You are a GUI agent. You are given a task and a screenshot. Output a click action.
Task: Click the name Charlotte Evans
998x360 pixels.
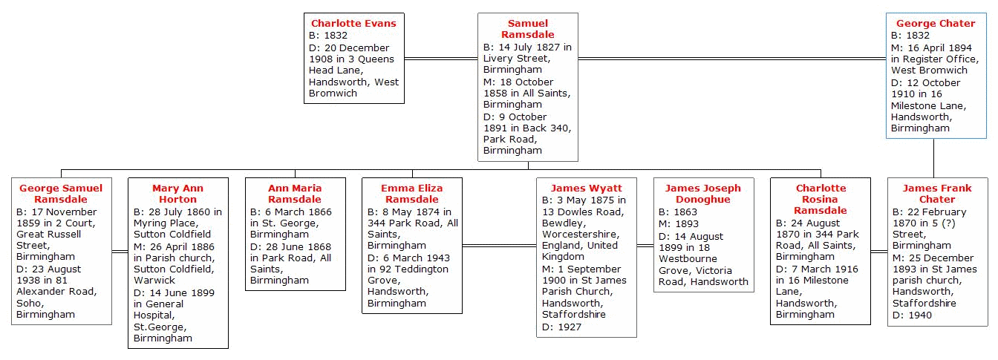click(x=353, y=23)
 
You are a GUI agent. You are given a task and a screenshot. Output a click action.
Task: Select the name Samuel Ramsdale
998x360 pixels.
click(x=528, y=29)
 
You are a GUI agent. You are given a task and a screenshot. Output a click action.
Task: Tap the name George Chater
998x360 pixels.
click(x=936, y=23)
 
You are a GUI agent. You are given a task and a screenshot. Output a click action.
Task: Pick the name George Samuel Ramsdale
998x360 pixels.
click(x=61, y=194)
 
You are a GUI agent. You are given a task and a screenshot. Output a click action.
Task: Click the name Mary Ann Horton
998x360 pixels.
click(x=177, y=194)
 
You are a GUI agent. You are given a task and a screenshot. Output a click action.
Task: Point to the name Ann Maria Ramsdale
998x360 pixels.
click(x=295, y=194)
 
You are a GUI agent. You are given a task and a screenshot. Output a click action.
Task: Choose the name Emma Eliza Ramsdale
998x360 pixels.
click(x=411, y=194)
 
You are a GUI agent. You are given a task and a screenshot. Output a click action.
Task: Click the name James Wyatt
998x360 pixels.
click(x=587, y=188)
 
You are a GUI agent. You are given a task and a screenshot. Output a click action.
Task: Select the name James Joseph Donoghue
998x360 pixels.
click(x=703, y=194)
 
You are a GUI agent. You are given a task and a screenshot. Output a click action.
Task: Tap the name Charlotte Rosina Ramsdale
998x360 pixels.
click(x=821, y=199)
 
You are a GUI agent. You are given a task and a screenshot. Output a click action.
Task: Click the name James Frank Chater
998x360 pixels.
click(x=937, y=194)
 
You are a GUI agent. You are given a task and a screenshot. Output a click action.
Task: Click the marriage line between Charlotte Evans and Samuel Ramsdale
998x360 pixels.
click(x=441, y=59)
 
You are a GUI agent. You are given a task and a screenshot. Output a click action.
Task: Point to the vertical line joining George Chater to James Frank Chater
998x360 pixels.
click(x=934, y=158)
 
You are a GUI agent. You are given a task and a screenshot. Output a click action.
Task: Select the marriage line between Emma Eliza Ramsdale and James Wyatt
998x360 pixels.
click(x=500, y=246)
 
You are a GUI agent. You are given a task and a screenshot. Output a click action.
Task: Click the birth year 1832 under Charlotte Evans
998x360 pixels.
click(x=336, y=36)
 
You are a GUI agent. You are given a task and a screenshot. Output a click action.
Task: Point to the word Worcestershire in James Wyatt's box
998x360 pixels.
click(x=581, y=235)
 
